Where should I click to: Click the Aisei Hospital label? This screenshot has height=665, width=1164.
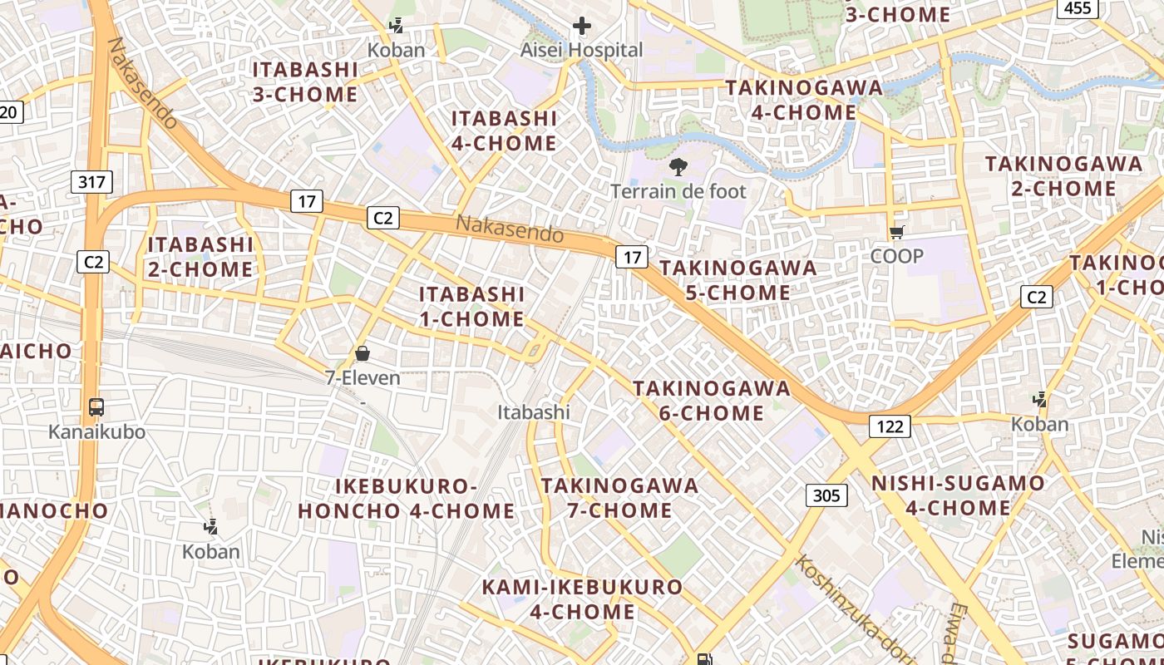tap(581, 50)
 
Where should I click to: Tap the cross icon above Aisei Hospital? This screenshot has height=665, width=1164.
tap(582, 26)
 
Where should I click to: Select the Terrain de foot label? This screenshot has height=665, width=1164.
tap(678, 191)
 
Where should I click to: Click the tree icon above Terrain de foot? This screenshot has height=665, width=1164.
tap(678, 167)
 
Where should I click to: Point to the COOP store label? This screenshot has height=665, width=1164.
tap(896, 256)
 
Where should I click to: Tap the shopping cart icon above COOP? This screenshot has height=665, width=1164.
tap(896, 233)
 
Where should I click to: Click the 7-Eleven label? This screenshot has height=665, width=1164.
tap(363, 377)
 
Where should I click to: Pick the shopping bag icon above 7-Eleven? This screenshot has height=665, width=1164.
tap(363, 353)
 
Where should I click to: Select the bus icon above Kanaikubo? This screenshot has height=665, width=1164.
tap(96, 407)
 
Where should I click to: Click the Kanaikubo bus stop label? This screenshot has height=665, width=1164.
tap(96, 431)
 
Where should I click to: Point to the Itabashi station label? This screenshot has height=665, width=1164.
tap(534, 411)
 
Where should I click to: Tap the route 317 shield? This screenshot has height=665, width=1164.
tap(91, 182)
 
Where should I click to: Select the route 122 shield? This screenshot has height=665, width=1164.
tap(890, 426)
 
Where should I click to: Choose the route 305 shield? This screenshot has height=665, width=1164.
tap(826, 495)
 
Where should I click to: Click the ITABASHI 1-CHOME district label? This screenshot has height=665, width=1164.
tap(471, 306)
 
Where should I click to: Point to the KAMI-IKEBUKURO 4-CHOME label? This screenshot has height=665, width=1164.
tap(582, 599)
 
